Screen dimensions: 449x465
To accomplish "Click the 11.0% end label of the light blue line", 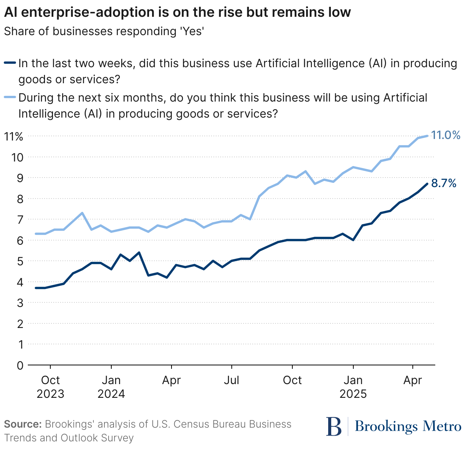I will [x=446, y=135].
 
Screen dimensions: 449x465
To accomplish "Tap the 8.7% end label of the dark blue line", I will [x=444, y=184].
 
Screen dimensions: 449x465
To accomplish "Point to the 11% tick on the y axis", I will [x=14, y=136].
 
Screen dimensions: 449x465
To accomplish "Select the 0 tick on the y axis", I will [x=20, y=365].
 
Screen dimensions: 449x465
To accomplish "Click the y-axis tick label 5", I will [x=20, y=262].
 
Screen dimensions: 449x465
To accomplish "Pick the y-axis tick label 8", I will [x=20, y=199].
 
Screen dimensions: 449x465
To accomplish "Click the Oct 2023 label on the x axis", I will [x=50, y=387].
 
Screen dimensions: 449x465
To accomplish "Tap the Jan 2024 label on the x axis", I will [x=111, y=387].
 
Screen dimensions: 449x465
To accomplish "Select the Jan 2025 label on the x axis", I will [x=353, y=387].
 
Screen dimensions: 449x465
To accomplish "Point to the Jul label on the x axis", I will [x=232, y=380].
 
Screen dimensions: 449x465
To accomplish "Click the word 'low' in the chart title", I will [x=338, y=12].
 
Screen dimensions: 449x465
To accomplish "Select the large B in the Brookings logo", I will [x=334, y=426].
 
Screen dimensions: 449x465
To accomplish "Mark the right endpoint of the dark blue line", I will [x=427, y=184].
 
